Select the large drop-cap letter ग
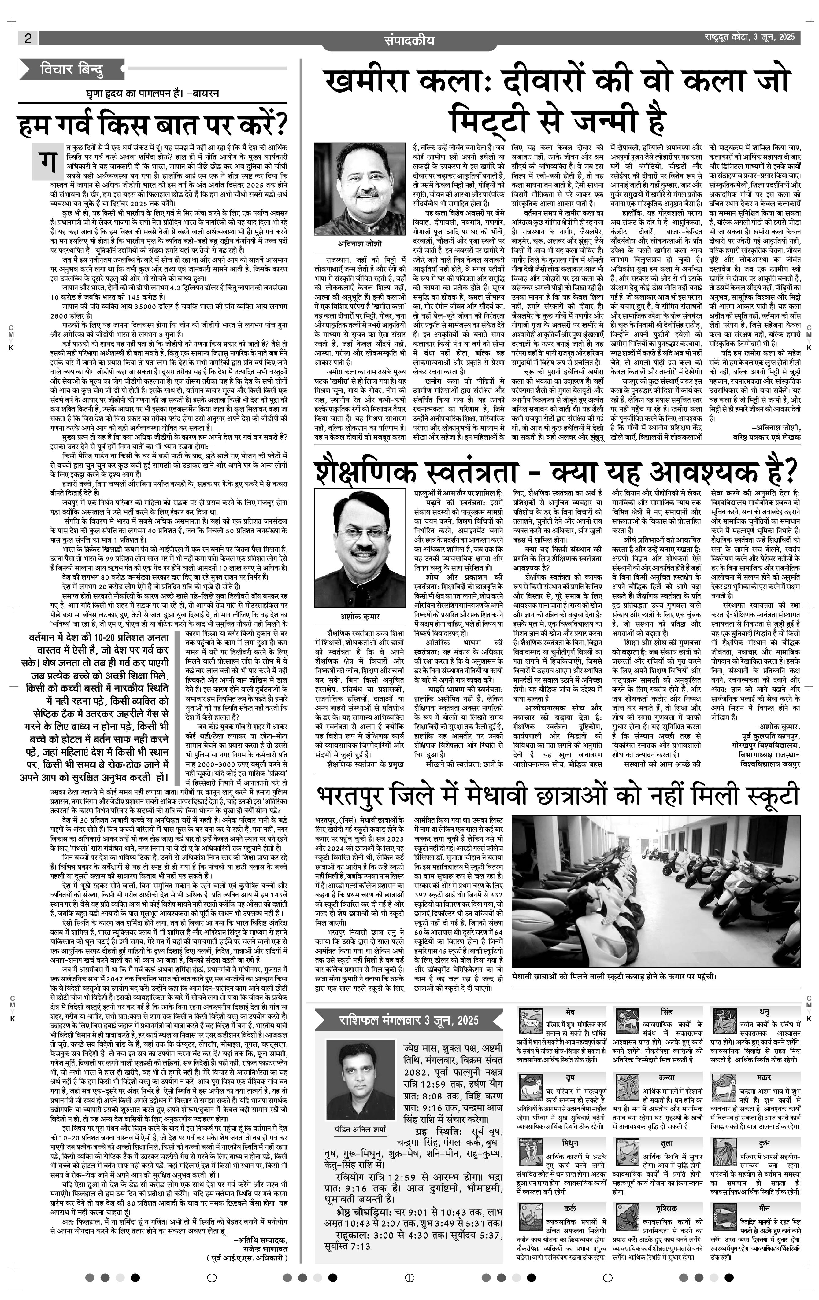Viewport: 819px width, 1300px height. click(x=49, y=161)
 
